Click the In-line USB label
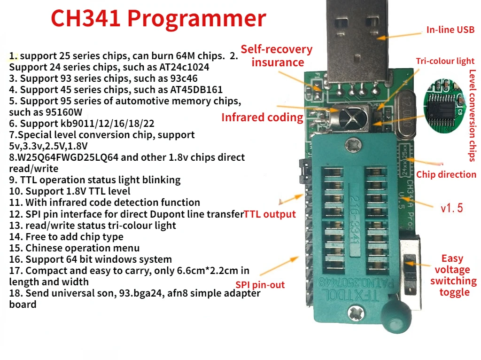450,30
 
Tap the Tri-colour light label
445,61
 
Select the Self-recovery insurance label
277,55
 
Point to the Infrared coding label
262,117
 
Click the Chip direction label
446,175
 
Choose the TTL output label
270,215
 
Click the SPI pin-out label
260,285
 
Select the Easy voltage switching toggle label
453,275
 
